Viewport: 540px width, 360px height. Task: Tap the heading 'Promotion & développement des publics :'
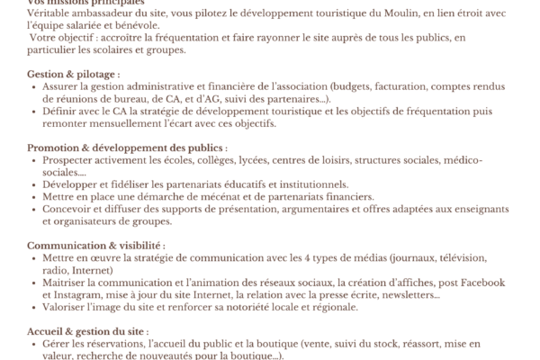coord(127,148)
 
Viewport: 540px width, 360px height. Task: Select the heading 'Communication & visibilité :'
coord(95,245)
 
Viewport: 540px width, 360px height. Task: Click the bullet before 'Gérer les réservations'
coord(34,344)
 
